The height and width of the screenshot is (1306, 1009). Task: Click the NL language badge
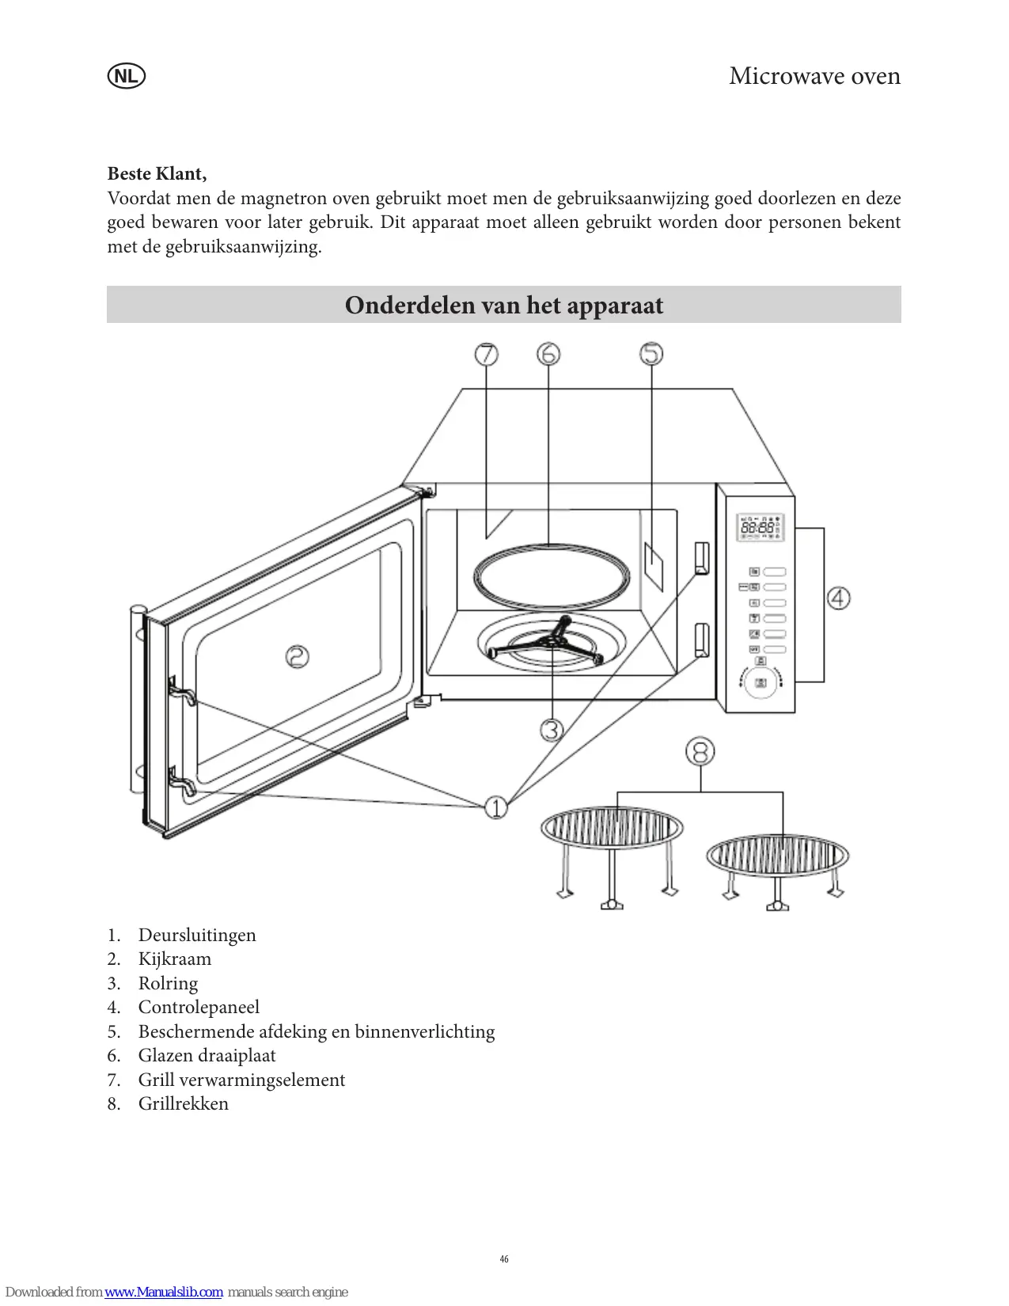(x=126, y=77)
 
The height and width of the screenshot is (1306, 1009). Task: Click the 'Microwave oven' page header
(x=814, y=76)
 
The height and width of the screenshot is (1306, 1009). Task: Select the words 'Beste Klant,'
(x=157, y=173)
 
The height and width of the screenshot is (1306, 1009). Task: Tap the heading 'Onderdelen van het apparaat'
(x=504, y=306)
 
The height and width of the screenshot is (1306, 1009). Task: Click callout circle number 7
(x=487, y=354)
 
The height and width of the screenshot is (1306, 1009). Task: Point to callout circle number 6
(x=548, y=354)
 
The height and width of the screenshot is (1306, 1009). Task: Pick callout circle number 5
(x=651, y=354)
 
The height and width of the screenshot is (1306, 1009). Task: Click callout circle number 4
(x=839, y=598)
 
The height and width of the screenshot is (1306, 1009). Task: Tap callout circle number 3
(x=552, y=729)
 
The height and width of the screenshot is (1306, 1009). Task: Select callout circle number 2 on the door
(x=298, y=656)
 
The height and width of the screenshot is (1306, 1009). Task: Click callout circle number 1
(x=496, y=807)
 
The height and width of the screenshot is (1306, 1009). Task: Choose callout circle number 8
(x=700, y=751)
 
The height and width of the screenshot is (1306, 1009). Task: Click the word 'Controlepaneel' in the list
(x=199, y=1008)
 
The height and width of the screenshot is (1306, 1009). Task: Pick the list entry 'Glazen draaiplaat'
(x=207, y=1056)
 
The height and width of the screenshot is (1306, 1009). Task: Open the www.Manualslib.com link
(x=164, y=1292)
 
